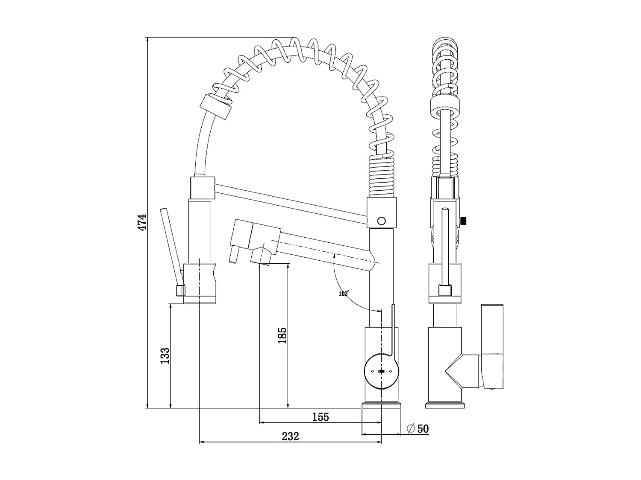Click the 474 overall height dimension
point(142,222)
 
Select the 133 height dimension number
point(165,356)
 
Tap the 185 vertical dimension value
point(282,336)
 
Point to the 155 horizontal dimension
point(320,417)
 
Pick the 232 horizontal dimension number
point(291,436)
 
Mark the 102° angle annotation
point(344,294)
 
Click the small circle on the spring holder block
point(382,221)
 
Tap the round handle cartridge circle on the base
point(381,371)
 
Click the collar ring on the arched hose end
point(216,107)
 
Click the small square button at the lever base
point(180,291)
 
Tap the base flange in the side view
point(445,405)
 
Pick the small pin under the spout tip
point(234,256)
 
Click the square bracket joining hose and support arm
point(201,188)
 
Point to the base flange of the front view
point(382,405)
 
